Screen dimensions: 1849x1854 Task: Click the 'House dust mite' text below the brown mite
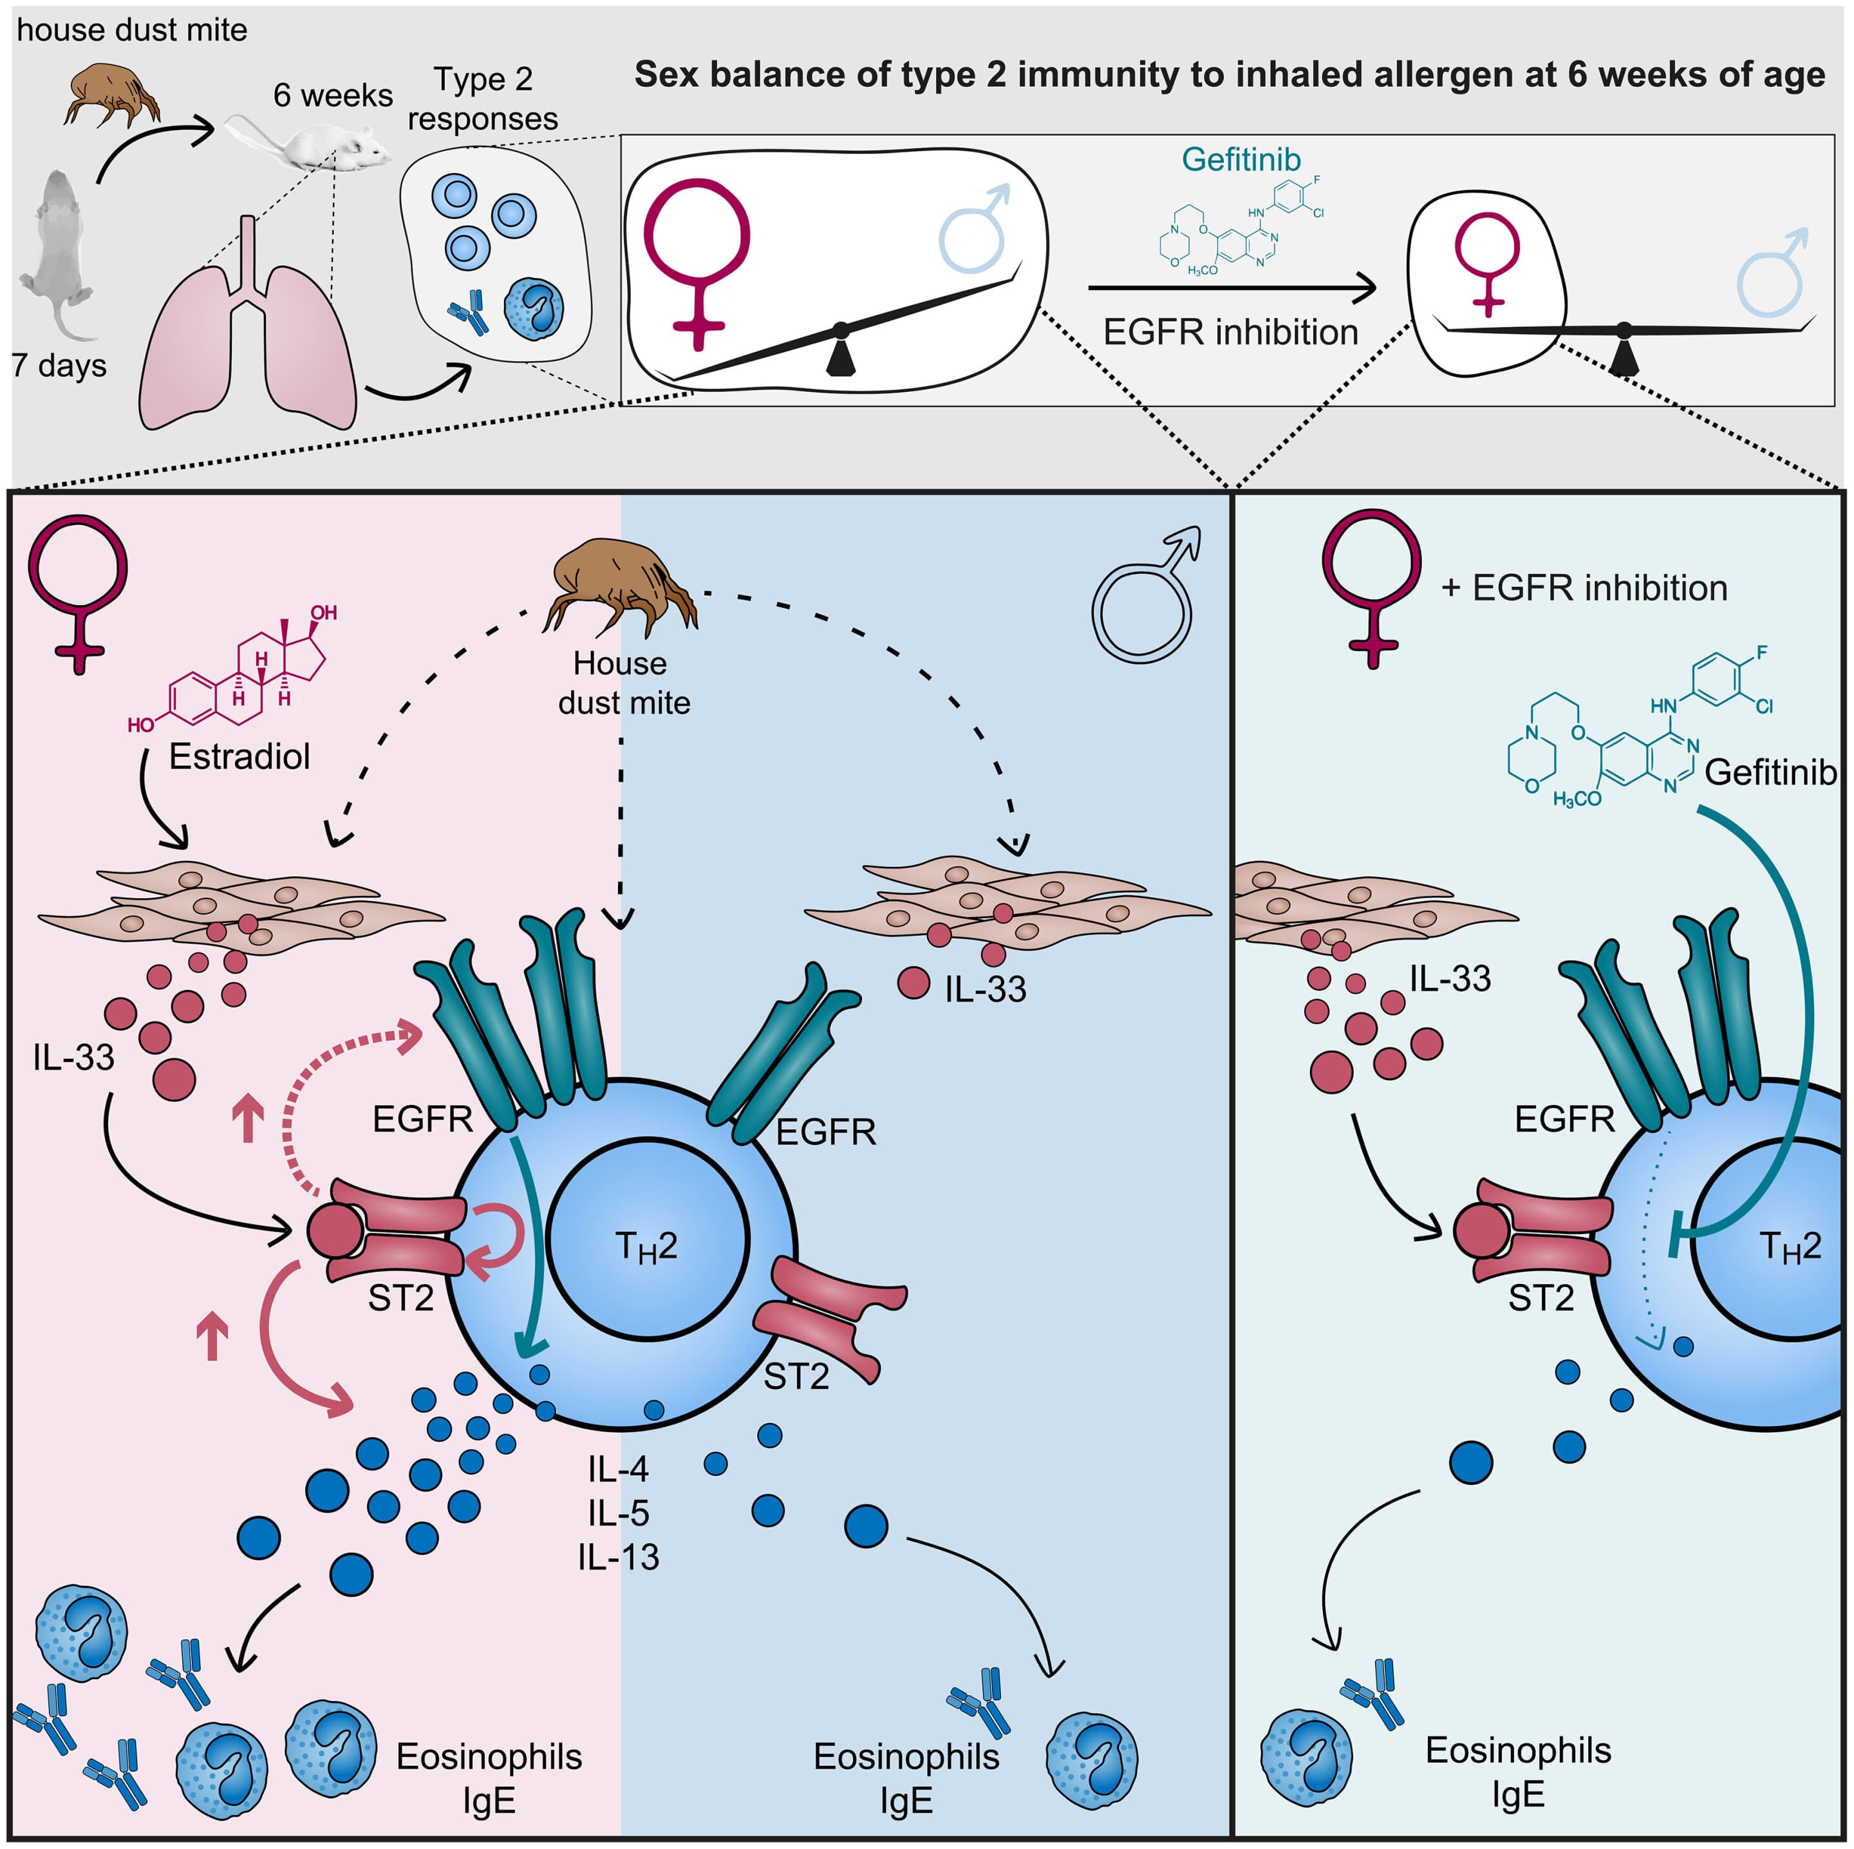[x=623, y=683]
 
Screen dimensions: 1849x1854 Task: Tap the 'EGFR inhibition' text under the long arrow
[x=1230, y=332]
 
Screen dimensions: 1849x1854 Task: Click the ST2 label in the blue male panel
[x=796, y=1377]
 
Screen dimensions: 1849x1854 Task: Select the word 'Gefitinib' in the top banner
[x=1241, y=158]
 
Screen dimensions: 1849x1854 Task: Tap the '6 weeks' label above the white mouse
[x=332, y=95]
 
